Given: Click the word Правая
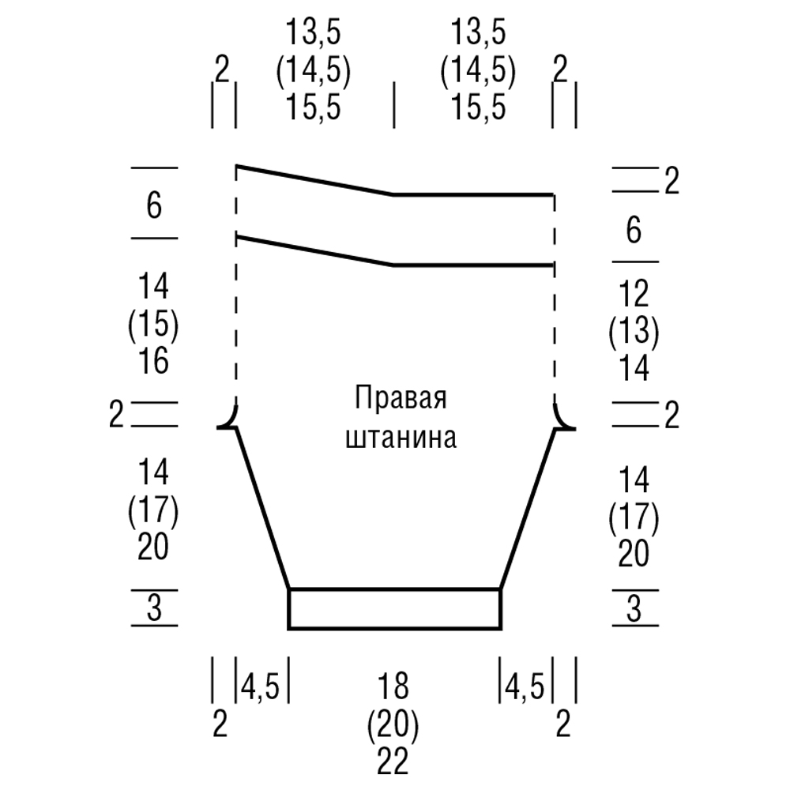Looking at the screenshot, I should (401, 397).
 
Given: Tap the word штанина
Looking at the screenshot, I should (401, 438).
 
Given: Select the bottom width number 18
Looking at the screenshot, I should (393, 687).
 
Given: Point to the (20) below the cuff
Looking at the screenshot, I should (393, 724).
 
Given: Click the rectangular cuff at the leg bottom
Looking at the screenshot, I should (394, 609).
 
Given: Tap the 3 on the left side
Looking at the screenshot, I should (154, 609).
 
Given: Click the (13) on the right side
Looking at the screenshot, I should (634, 333).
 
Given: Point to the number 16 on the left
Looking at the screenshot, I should (153, 362).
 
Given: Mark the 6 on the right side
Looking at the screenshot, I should (634, 233).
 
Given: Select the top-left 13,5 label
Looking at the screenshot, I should (314, 35).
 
